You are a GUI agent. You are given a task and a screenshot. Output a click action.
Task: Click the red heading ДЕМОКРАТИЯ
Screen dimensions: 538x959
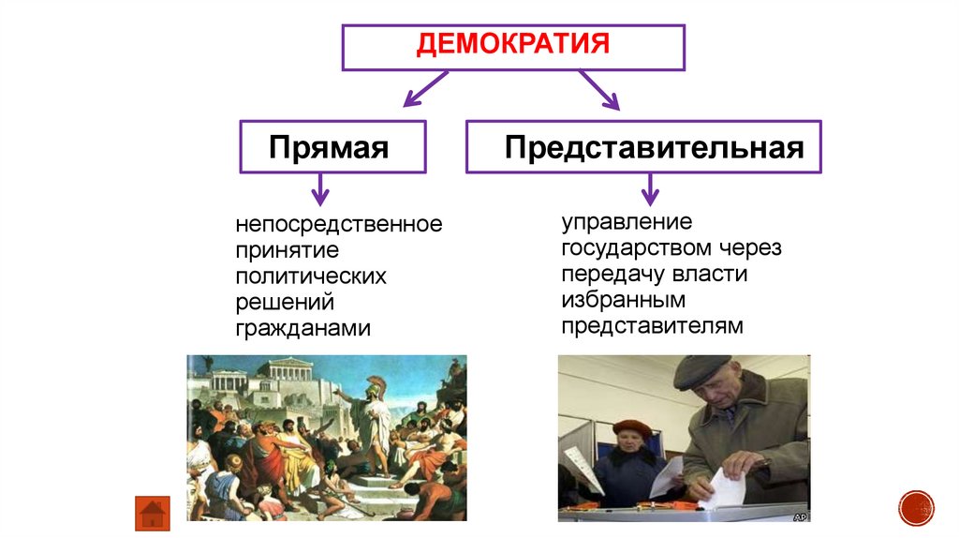pos(513,45)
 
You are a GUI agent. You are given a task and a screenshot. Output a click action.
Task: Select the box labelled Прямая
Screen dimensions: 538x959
pos(332,146)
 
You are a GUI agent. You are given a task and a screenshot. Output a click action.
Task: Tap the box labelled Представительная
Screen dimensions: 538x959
pos(643,146)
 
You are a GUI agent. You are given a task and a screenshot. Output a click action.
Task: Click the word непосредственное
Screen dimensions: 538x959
pos(338,225)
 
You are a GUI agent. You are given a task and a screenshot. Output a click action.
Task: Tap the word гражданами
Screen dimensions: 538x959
pos(302,329)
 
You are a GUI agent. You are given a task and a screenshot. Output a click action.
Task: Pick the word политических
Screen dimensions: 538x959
pos(310,277)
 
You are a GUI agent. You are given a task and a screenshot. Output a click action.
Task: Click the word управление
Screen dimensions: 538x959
pos(627,222)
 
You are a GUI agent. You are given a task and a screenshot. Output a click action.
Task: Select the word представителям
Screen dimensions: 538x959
pos(652,325)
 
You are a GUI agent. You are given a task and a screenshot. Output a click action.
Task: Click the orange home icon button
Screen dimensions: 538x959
pos(153,513)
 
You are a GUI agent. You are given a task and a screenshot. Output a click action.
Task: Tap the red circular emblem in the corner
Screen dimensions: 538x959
pos(916,507)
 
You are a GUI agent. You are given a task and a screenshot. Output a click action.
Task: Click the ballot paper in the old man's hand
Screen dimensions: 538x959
pos(723,487)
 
